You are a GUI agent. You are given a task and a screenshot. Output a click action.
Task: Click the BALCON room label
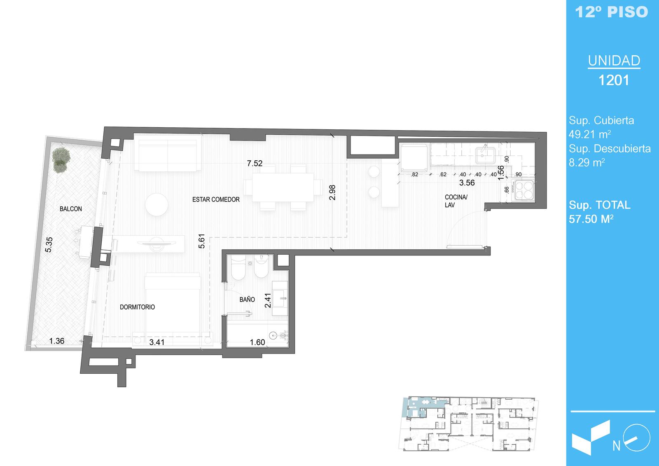(70, 209)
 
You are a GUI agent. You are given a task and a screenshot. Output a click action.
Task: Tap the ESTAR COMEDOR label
(216, 199)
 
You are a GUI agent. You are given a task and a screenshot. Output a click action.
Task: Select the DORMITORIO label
(137, 307)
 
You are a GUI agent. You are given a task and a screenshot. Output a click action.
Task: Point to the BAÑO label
(247, 300)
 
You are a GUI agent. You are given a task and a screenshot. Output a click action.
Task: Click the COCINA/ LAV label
(456, 201)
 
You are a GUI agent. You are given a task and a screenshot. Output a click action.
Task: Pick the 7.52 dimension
(255, 163)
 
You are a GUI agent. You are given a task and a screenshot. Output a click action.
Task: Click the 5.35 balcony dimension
(49, 245)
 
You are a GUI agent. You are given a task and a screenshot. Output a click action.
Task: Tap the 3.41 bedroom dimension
(157, 342)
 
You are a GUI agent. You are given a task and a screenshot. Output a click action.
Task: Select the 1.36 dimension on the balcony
(56, 341)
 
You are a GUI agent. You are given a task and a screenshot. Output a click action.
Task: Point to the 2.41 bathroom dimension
(268, 300)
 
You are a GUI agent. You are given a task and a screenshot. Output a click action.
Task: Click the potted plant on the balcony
(61, 159)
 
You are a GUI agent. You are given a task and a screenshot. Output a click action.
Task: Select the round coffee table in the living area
(157, 204)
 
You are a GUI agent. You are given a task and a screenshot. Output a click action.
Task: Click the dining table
(283, 187)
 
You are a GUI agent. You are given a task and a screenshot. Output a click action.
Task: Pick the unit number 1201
(614, 80)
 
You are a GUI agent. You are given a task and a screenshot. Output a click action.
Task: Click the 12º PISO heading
(611, 12)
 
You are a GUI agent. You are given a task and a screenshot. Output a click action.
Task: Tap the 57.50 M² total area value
(591, 219)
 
